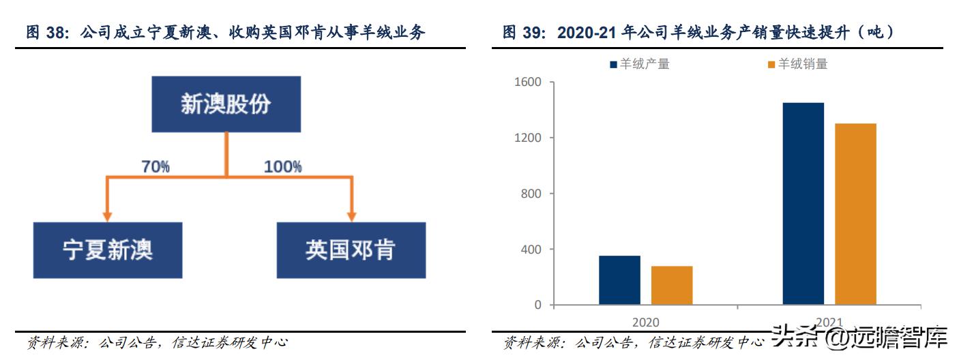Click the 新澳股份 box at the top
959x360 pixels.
(x=225, y=104)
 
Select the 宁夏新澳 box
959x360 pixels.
(x=108, y=250)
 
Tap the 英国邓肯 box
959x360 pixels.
(x=351, y=250)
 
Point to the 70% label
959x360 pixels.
(x=156, y=166)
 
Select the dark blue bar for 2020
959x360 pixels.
(x=619, y=280)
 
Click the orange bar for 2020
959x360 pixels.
(x=671, y=285)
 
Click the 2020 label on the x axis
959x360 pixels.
(x=645, y=322)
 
